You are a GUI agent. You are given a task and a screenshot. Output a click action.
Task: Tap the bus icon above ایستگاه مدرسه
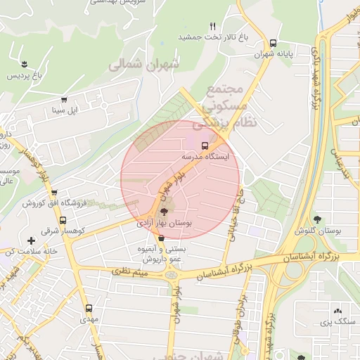click(205, 146)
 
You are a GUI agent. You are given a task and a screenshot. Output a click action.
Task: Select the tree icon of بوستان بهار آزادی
click(164, 211)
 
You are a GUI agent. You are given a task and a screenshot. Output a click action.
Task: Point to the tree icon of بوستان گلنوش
click(319, 219)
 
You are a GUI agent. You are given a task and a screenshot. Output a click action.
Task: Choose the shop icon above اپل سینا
click(67, 100)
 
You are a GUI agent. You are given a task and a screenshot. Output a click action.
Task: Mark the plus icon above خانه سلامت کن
click(31, 242)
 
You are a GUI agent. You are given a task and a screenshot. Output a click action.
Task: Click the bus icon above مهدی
click(89, 308)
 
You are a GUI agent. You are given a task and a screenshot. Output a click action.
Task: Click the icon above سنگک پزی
click(337, 311)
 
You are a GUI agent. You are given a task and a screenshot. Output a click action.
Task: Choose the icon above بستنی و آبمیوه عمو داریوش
click(161, 239)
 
